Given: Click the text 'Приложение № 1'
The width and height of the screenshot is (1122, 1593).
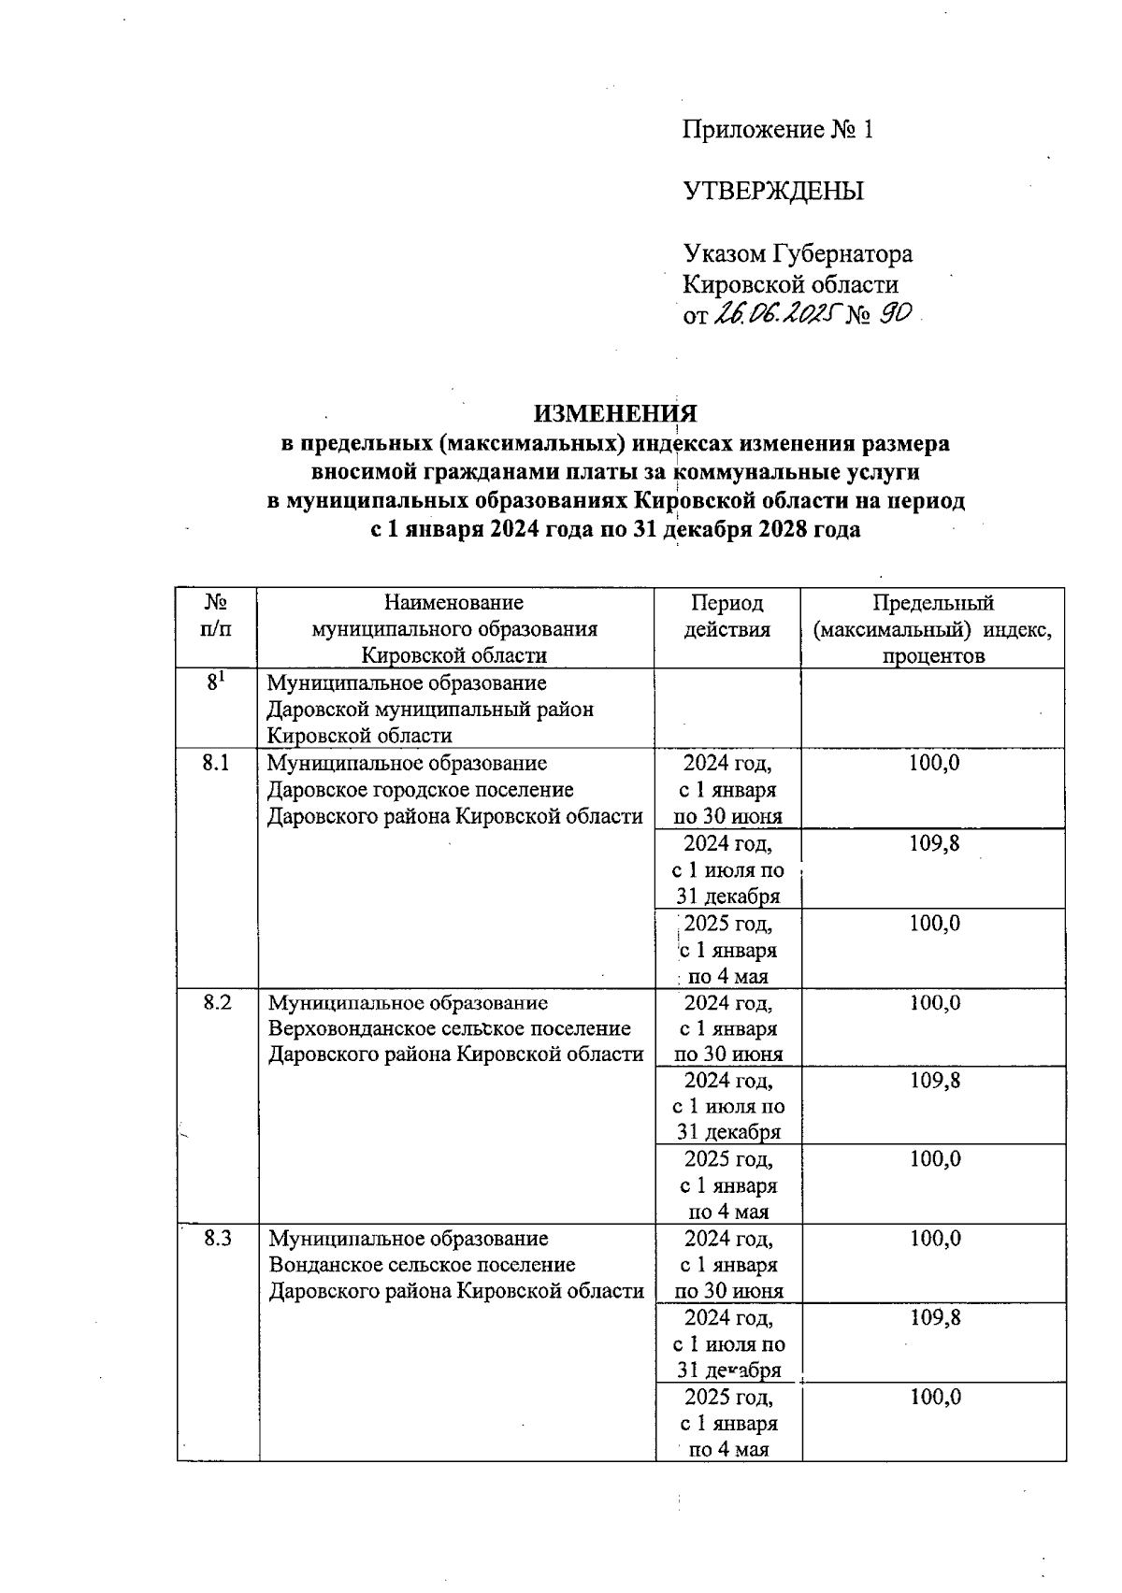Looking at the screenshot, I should (778, 130).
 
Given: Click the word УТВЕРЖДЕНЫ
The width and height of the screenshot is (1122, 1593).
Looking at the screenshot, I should (774, 192).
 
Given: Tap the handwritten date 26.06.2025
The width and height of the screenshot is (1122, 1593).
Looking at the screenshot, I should (776, 315).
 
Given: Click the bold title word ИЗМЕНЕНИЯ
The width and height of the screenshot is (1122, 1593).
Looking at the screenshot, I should (615, 413).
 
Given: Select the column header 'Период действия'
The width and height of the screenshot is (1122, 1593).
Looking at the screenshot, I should (726, 616).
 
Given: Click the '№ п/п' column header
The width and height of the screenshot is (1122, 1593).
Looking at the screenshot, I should (216, 616).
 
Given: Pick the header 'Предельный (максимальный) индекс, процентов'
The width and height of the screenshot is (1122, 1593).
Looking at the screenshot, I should (932, 628).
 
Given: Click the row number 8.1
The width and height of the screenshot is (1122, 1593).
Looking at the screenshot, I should (216, 763).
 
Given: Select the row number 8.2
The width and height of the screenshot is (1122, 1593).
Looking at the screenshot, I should (216, 1003).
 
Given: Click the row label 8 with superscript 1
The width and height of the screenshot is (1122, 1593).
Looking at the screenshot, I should (216, 682).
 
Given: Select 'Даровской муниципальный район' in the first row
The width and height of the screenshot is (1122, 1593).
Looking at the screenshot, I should (430, 710).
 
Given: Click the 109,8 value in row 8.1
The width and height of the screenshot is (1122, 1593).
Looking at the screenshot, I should (933, 843).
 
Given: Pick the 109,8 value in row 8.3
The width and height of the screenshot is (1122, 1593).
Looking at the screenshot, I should (933, 1318).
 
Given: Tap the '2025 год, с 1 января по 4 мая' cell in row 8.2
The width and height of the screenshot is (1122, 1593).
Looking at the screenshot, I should (727, 1185).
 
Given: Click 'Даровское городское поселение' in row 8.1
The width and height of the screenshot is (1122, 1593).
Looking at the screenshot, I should (420, 790).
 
